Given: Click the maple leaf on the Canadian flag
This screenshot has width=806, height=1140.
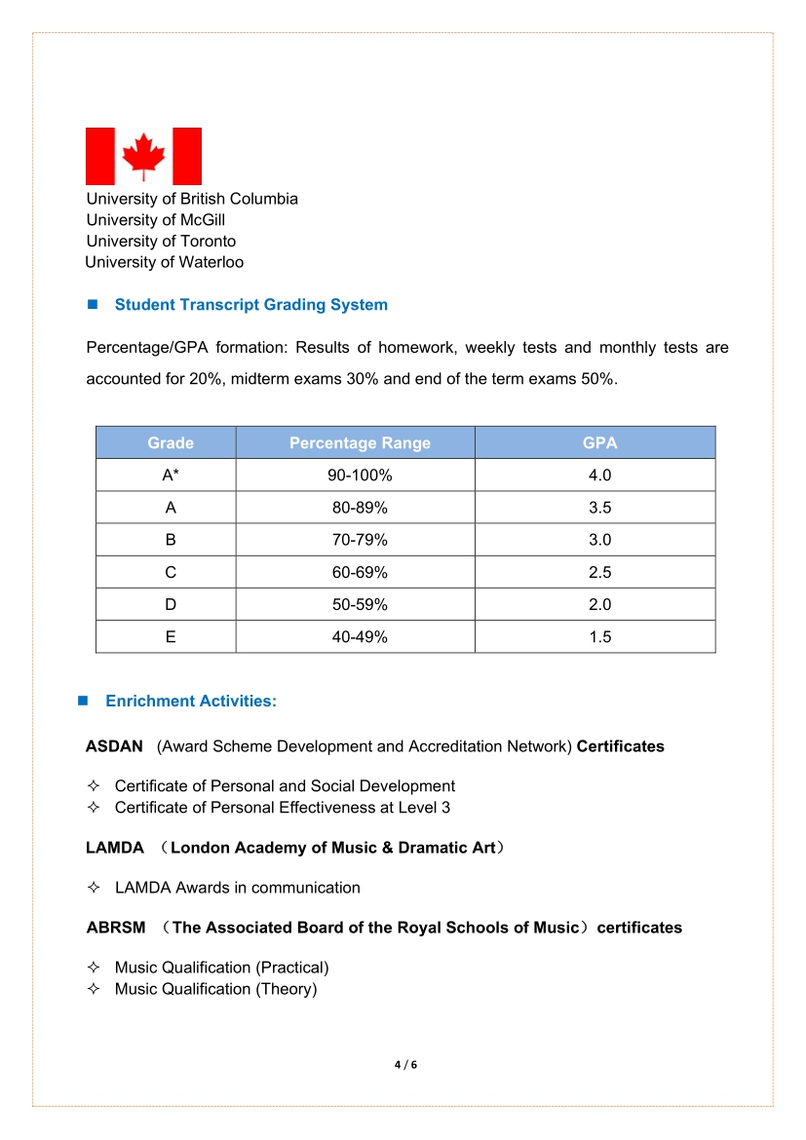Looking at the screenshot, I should pos(143,156).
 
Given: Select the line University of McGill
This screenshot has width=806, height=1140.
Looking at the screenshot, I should pos(156,220).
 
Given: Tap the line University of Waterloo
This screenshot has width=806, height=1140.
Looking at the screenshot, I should pos(164,262).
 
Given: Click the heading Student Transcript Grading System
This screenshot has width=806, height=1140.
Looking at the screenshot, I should pos(250,305).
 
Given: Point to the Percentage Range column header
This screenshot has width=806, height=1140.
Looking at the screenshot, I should pos(360,443).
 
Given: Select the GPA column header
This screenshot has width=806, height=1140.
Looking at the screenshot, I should pos(599,443).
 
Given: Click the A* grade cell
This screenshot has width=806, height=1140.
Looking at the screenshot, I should pos(171,475).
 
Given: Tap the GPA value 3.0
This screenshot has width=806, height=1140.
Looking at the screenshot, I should pos(599,540).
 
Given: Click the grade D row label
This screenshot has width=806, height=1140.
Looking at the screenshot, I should pos(171,604).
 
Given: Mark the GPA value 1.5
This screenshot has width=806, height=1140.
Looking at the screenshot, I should pos(599,637).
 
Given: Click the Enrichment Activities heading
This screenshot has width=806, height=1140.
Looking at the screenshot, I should pos(191,702).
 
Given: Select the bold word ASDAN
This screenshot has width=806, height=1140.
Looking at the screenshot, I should pos(114,747).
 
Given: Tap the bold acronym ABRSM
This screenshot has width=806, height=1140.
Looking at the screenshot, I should pos(115,928).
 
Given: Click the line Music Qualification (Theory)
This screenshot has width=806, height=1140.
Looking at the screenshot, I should pos(215,989).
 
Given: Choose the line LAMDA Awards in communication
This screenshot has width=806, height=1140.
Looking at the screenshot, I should pos(237,888).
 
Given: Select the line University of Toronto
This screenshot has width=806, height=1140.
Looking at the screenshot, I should pos(161,242).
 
